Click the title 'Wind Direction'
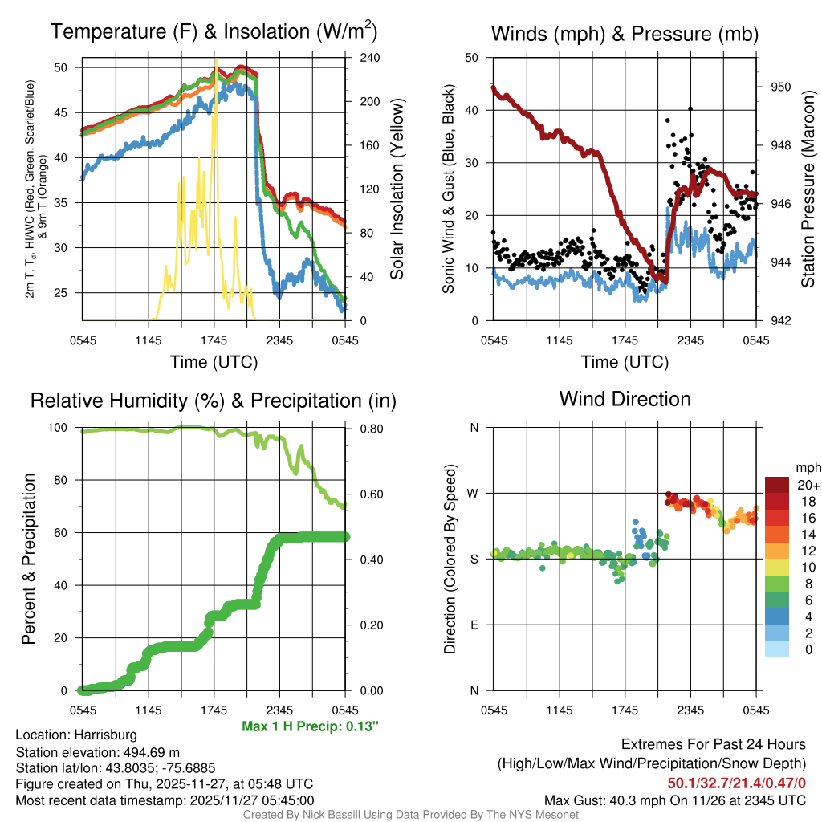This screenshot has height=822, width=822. click(x=625, y=399)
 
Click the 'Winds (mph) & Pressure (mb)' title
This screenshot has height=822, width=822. click(x=625, y=34)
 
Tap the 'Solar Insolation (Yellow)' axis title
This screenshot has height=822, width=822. click(x=397, y=189)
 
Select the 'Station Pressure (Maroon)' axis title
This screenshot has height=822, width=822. click(x=808, y=189)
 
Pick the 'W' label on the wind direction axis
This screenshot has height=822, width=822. click(x=473, y=493)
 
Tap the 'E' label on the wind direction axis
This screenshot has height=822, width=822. click(x=474, y=625)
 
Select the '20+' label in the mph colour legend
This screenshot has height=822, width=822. click(x=804, y=485)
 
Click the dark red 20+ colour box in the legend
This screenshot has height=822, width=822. click(x=777, y=484)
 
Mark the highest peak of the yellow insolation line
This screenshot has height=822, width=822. click(x=215, y=60)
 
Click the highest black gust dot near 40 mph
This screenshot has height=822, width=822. click(x=690, y=108)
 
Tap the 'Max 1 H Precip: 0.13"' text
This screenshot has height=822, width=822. click(x=310, y=726)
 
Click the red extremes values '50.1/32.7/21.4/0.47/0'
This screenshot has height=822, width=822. click(x=736, y=782)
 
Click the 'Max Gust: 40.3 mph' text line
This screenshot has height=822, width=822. click(x=674, y=800)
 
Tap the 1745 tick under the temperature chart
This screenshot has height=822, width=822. click(x=214, y=340)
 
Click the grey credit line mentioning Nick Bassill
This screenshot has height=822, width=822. click(x=410, y=815)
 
